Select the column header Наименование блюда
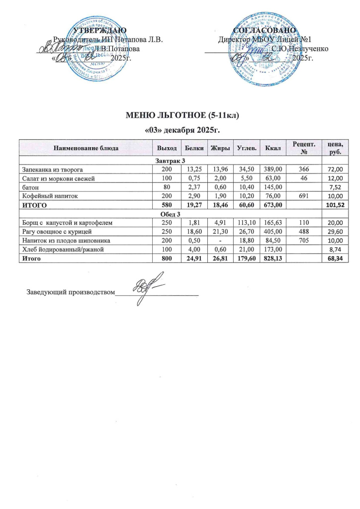pyautogui.click(x=85, y=148)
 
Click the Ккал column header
pyautogui.click(x=273, y=148)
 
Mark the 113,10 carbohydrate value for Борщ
pyautogui.click(x=245, y=223)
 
